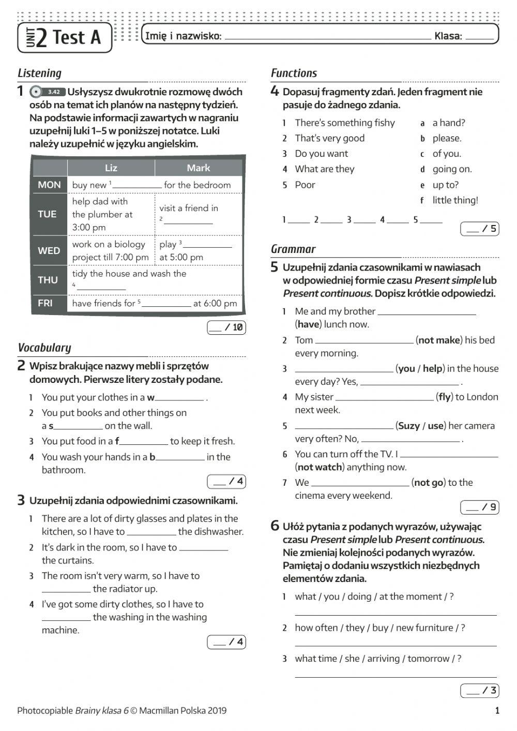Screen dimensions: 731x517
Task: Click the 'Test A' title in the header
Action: [76, 38]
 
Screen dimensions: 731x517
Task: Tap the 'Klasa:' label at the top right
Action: [448, 36]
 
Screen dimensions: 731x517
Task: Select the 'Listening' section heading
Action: [39, 73]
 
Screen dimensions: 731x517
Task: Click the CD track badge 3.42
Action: [54, 92]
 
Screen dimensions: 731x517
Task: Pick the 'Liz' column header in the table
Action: [111, 168]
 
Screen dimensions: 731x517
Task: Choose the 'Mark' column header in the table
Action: [199, 168]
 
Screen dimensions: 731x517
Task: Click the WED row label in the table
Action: [49, 250]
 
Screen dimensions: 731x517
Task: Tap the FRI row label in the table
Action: [45, 303]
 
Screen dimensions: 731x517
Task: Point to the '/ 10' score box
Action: [226, 327]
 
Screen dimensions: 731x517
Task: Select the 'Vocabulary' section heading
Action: [44, 348]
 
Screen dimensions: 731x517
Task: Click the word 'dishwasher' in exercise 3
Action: [218, 532]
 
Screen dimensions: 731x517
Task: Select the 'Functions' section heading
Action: [294, 73]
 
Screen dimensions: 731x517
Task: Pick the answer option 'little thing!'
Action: [455, 200]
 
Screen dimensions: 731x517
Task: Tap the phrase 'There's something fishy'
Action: [344, 123]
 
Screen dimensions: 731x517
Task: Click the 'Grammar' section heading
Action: [293, 249]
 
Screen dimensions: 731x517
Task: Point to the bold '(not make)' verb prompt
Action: [439, 340]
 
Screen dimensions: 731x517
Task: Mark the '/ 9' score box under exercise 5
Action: [480, 507]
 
